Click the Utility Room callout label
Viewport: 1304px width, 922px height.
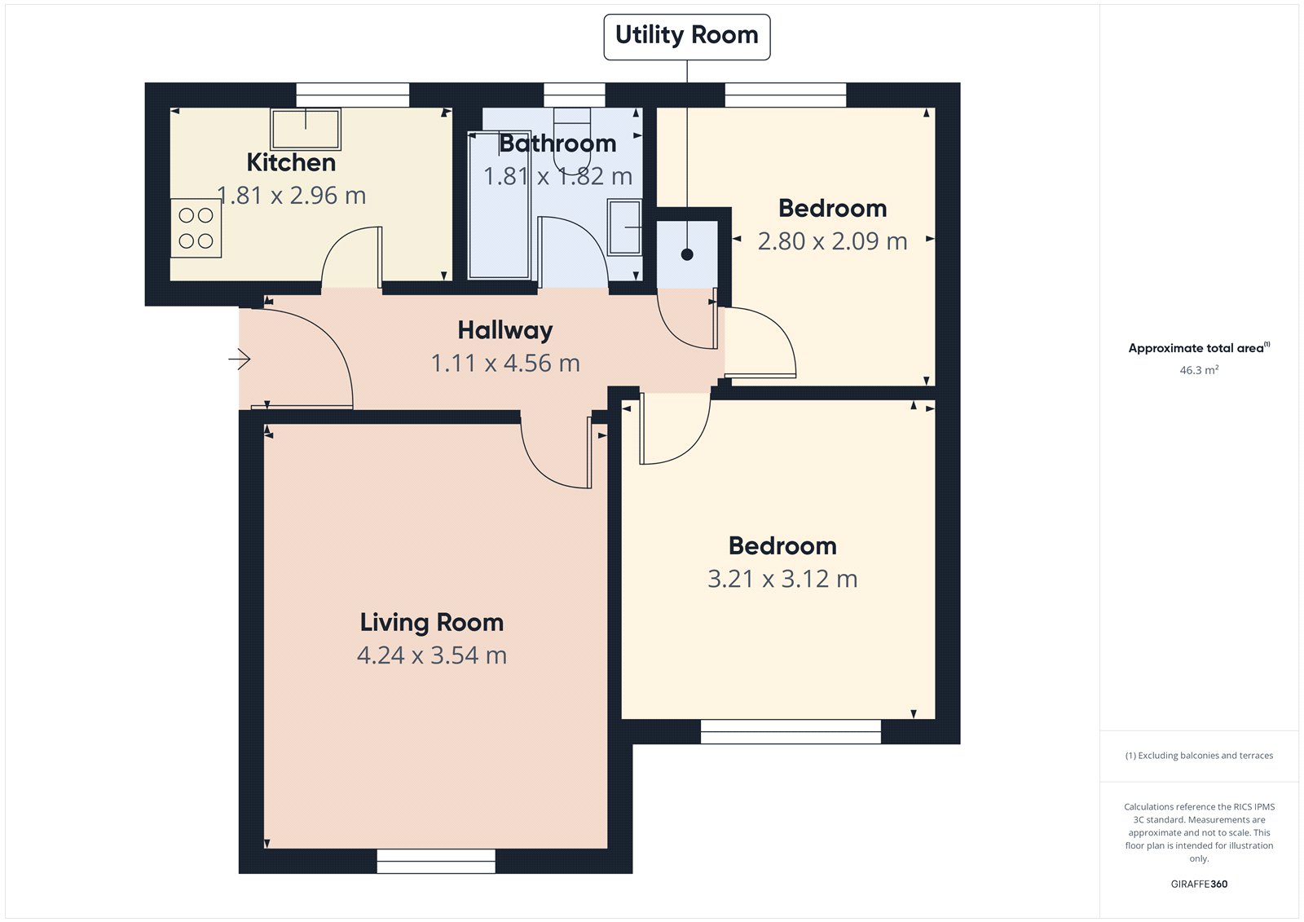click(686, 36)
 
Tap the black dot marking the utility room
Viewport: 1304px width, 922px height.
click(687, 254)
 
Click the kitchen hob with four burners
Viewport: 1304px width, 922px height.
click(196, 228)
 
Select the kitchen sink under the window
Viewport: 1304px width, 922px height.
click(306, 129)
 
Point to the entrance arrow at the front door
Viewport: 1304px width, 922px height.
click(240, 359)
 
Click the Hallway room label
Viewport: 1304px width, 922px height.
click(505, 330)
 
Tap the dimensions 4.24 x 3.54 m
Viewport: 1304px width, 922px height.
click(432, 655)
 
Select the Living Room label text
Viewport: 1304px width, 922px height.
click(432, 623)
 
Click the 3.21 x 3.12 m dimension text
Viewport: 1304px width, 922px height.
click(782, 579)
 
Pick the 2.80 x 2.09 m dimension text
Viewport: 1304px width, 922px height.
click(832, 241)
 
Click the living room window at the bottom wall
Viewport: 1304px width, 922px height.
click(436, 861)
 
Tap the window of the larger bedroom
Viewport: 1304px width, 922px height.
click(791, 731)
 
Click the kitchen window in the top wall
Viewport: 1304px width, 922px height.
click(352, 95)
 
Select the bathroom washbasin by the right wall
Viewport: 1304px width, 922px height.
click(625, 227)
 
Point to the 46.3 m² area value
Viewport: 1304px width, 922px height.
click(1199, 370)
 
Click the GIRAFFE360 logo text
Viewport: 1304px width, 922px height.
click(1199, 884)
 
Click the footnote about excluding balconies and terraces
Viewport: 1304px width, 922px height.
click(1199, 756)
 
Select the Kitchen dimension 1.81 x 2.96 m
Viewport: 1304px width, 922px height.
click(291, 196)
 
